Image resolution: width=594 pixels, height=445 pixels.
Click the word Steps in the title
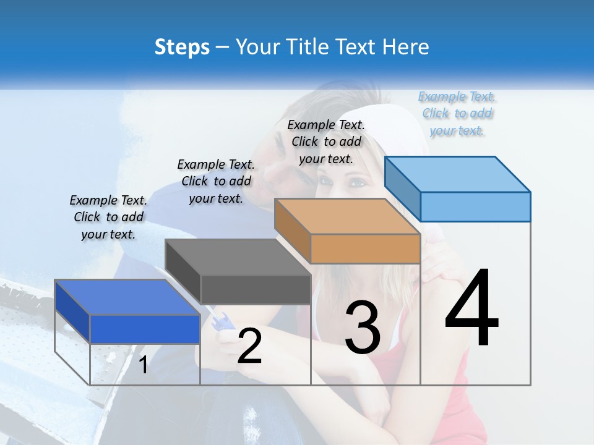pos(182,47)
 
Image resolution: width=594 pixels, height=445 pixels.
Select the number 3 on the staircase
pos(363,328)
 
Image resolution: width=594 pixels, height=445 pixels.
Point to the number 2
pos(249,346)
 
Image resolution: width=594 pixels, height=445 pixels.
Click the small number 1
pos(143,365)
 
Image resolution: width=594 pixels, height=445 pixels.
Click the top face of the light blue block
pos(457,174)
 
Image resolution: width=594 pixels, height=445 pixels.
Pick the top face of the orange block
pos(347,216)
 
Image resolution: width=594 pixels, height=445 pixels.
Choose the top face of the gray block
pos(238,257)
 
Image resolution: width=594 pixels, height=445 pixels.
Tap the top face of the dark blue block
pos(127,297)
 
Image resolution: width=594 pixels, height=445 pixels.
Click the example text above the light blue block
pos(457,114)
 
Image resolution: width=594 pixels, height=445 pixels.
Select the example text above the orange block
pos(326,142)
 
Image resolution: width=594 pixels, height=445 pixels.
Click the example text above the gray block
pos(216,181)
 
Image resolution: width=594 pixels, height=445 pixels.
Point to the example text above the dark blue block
pos(108,217)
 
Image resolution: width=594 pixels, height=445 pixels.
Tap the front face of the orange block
pos(365,249)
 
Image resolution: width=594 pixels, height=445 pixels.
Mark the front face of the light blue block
pos(475,206)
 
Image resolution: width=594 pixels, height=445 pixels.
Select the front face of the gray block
pos(256,289)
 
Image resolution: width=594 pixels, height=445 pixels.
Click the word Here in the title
pos(410,47)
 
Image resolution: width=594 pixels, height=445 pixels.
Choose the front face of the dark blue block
pos(145,329)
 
